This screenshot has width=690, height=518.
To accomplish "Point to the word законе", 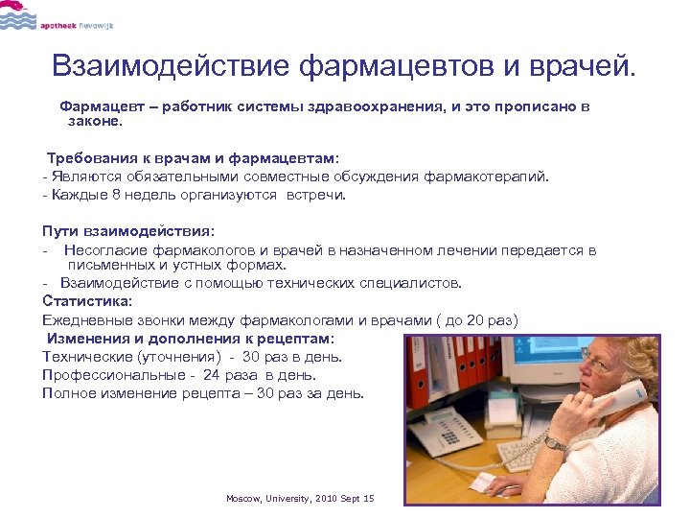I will (x=95, y=122).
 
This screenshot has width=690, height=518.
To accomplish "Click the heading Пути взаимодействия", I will (x=128, y=230).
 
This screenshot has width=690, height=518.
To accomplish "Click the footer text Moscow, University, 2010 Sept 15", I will (x=300, y=499).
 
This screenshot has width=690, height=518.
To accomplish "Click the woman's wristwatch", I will (x=555, y=443).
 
